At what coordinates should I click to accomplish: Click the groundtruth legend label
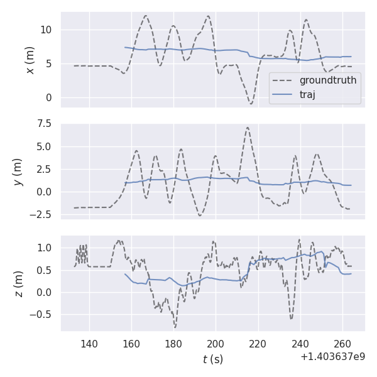pyautogui.click(x=328, y=80)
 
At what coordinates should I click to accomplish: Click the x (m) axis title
pyautogui.click(x=30, y=60)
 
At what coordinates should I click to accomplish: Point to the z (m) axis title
pyautogui.click(x=19, y=283)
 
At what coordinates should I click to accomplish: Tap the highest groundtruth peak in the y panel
pyautogui.click(x=248, y=128)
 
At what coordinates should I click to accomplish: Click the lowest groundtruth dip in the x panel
pyautogui.click(x=251, y=104)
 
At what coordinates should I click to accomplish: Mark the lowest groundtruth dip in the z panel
pyautogui.click(x=175, y=327)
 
